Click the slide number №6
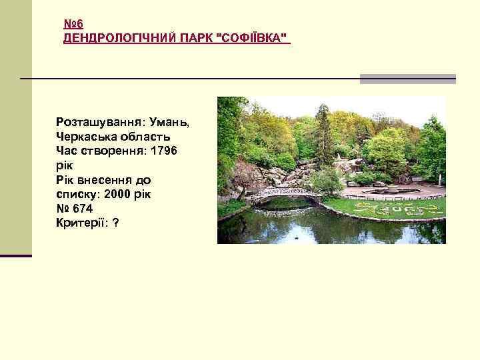pos(73,24)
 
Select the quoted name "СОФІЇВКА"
pos(254,37)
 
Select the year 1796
pos(164,151)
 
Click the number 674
pos(82,208)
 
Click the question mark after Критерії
pos(116,223)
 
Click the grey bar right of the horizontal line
pos(408,79)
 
